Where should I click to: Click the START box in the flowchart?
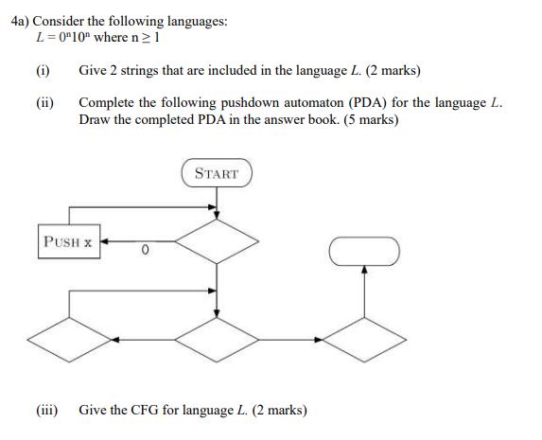pos(217,173)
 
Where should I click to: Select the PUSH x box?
pos(68,241)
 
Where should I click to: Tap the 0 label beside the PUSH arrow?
pos(143,251)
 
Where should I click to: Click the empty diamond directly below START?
pos(218,241)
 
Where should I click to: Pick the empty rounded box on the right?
pos(365,251)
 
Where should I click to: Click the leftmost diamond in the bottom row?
pos(67,336)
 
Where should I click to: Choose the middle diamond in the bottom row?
pos(218,336)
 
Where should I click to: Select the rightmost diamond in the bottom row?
pos(365,336)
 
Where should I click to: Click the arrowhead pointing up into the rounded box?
pos(365,271)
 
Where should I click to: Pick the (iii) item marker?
pos(46,410)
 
